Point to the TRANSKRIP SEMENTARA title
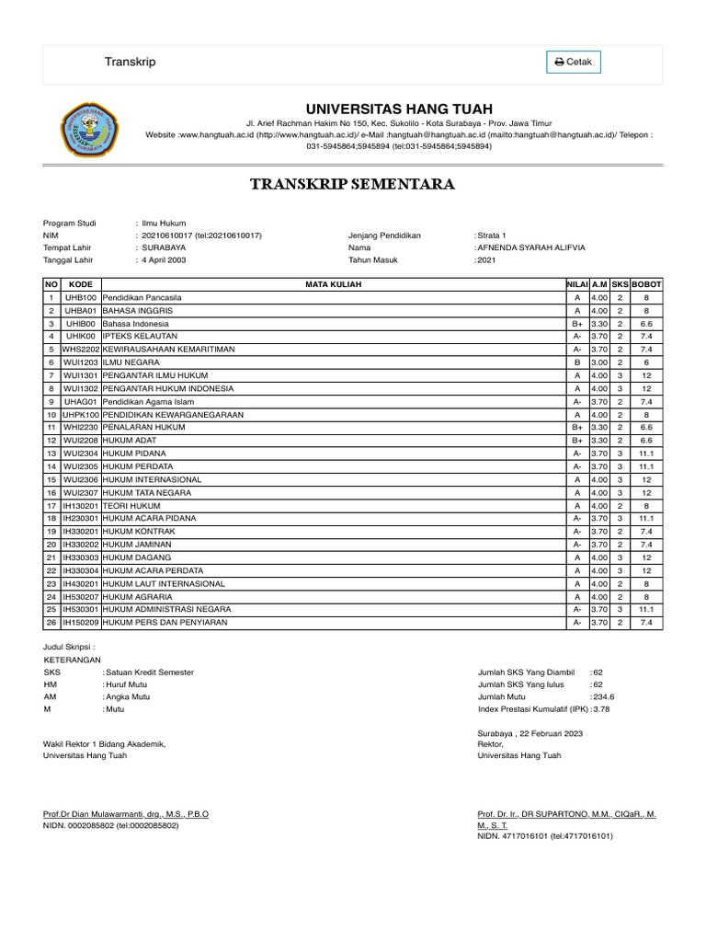point(353,184)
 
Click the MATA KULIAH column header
point(334,284)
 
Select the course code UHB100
point(80,298)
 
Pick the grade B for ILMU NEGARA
point(576,362)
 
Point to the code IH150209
point(80,623)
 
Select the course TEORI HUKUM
point(131,506)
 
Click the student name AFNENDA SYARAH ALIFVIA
point(531,247)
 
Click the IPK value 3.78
point(601,709)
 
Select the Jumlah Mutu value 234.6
point(603,697)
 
